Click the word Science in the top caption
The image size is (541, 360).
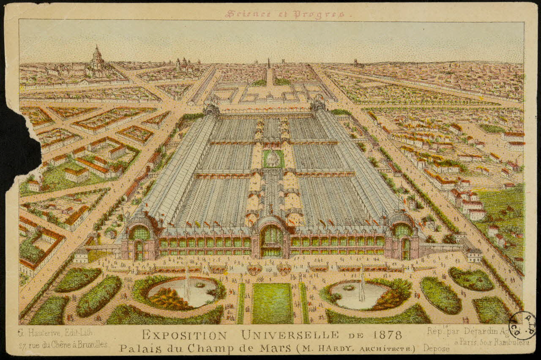point(241,14)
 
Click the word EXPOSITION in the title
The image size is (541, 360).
point(184,335)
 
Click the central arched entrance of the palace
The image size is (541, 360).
point(271,241)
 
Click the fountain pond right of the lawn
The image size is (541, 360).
point(359,294)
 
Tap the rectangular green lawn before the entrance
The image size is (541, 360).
point(272,303)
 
